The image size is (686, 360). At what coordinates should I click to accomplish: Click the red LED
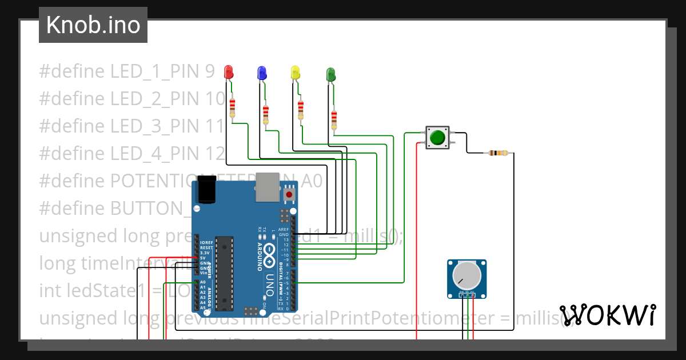tap(229, 72)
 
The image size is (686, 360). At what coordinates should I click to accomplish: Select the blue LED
tap(262, 72)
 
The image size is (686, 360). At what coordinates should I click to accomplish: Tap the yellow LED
tap(296, 72)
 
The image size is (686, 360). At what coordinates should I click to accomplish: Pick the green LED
tap(330, 74)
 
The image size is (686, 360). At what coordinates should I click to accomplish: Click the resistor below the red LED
tap(232, 107)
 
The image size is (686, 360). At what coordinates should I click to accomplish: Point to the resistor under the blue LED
tap(265, 114)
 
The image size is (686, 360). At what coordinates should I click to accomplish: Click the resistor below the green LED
tap(334, 119)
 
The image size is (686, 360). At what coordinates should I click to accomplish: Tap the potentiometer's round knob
tap(466, 275)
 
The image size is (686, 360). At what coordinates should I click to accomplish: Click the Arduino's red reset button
tap(289, 195)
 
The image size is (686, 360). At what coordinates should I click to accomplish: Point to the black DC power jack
tap(205, 190)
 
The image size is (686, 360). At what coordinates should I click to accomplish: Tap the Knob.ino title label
tap(93, 25)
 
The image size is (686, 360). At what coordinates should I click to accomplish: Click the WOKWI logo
tap(607, 315)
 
